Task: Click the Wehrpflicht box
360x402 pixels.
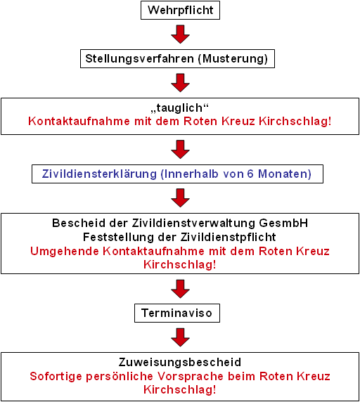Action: point(180,11)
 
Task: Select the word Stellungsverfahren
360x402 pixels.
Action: point(139,59)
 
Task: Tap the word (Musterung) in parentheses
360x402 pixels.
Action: point(233,59)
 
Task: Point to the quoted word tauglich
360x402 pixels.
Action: point(180,108)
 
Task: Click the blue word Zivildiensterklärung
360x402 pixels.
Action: point(99,174)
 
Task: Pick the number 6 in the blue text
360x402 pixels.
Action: point(250,174)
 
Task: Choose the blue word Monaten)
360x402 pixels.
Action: point(285,174)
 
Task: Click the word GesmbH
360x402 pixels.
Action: point(283,223)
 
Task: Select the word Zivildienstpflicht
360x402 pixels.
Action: point(229,237)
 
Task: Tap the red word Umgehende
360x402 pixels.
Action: point(65,252)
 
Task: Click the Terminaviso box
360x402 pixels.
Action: point(177,313)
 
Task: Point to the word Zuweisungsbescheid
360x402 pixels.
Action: point(180,362)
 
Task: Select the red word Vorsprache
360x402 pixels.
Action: point(191,377)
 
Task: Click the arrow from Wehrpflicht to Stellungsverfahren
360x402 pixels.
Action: point(180,34)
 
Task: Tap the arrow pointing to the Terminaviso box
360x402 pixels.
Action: point(180,289)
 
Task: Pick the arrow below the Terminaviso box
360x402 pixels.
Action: point(180,337)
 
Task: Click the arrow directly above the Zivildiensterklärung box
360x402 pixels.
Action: point(180,150)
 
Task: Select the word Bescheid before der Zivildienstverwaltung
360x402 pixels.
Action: point(79,223)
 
